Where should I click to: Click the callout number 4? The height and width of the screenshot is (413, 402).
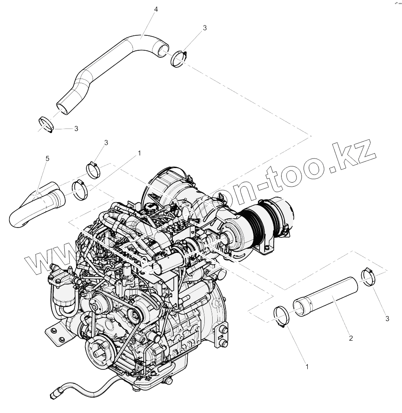click(x=155, y=9)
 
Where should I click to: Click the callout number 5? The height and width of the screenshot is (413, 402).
click(x=47, y=158)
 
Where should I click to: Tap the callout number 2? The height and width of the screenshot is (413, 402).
click(x=351, y=339)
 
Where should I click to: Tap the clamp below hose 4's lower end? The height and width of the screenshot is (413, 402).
click(x=46, y=124)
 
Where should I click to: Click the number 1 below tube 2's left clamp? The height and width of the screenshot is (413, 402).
click(x=307, y=367)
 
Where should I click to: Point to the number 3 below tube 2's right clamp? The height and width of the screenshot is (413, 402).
click(x=387, y=319)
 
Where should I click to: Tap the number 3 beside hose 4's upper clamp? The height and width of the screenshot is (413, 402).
click(x=205, y=28)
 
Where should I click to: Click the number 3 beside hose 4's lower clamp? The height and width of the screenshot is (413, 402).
click(x=76, y=129)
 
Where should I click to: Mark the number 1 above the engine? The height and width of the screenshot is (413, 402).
click(x=139, y=153)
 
